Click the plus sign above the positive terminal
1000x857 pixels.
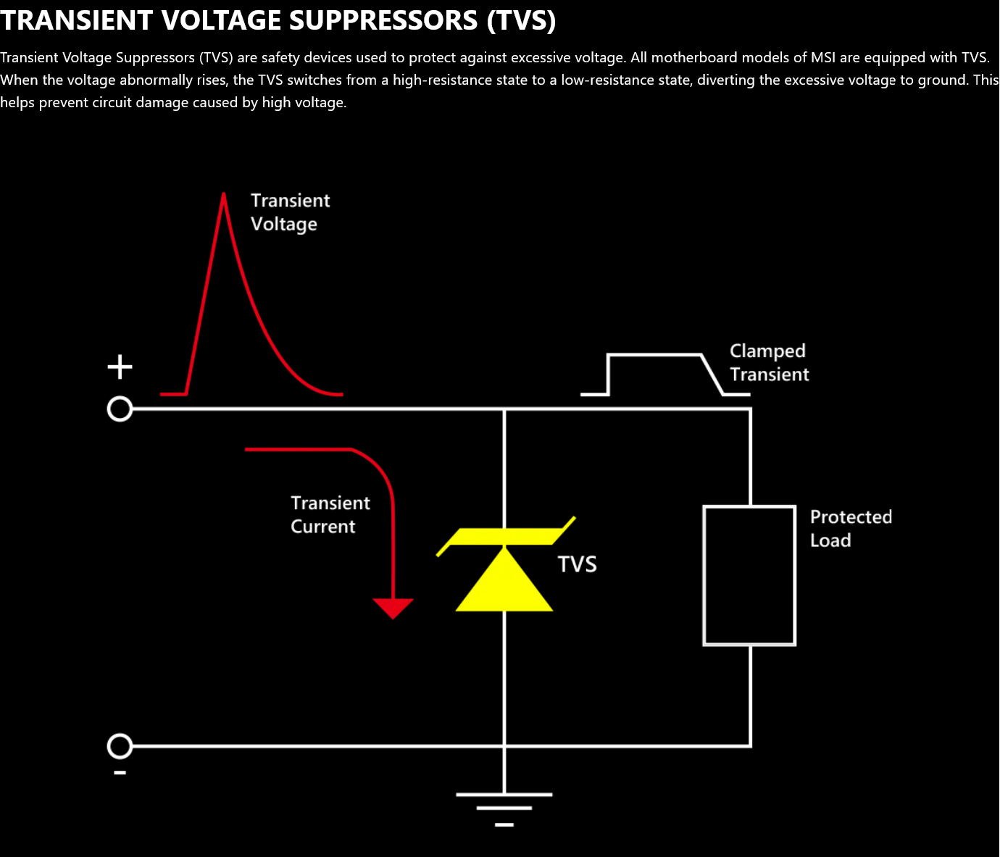(x=120, y=367)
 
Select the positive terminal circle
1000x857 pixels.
(x=120, y=409)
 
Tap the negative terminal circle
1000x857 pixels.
(x=120, y=745)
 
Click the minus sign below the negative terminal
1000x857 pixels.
(x=120, y=773)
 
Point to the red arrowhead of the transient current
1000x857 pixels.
(x=393, y=608)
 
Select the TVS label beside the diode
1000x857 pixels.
(x=577, y=564)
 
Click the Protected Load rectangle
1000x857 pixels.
(x=749, y=575)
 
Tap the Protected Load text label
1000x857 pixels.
(x=851, y=528)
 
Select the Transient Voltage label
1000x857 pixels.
(x=290, y=212)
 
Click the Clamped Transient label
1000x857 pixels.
(x=768, y=362)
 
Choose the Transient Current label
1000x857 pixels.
(x=330, y=514)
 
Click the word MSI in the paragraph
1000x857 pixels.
(x=822, y=58)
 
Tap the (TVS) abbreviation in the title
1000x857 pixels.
(x=521, y=20)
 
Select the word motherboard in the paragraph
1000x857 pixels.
(x=691, y=58)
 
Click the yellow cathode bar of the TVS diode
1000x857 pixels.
(x=504, y=536)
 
